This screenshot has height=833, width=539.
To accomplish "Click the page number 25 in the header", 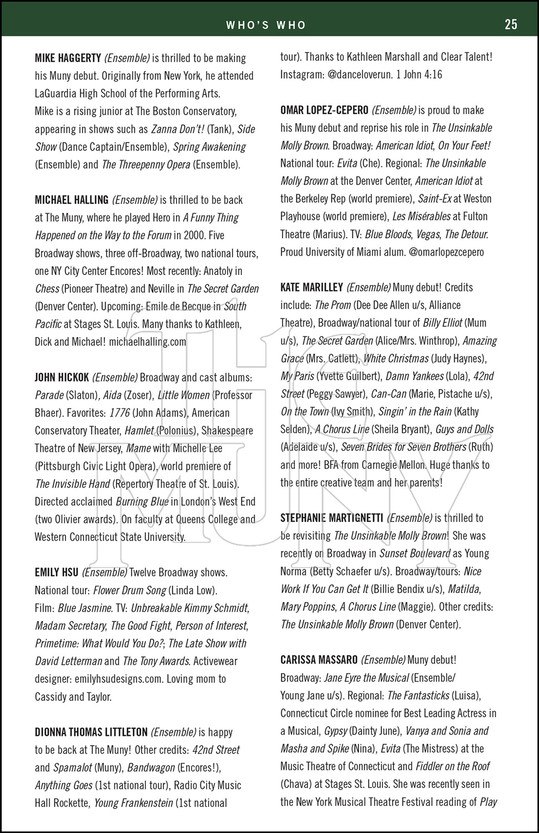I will tap(511, 24).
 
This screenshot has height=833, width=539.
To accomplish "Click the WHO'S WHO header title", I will tap(266, 24).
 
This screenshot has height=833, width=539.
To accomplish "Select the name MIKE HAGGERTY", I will tap(68, 58).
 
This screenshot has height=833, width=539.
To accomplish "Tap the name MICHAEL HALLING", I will tap(72, 200).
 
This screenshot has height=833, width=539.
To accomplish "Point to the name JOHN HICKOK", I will tap(62, 378).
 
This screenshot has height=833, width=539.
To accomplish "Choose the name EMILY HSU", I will tap(57, 573).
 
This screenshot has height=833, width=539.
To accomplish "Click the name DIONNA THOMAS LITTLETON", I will tap(91, 732).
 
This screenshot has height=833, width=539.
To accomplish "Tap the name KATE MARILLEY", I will tap(311, 288).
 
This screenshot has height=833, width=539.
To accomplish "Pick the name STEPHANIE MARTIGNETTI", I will tap(331, 518).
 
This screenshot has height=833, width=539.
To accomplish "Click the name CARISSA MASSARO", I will tap(319, 660).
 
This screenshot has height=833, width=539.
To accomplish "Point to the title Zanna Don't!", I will tap(178, 129).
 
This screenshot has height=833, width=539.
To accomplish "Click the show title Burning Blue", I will tap(142, 502).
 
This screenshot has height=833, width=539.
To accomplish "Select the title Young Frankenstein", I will tap(133, 803).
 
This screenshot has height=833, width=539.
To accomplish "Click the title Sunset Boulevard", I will tap(415, 554).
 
